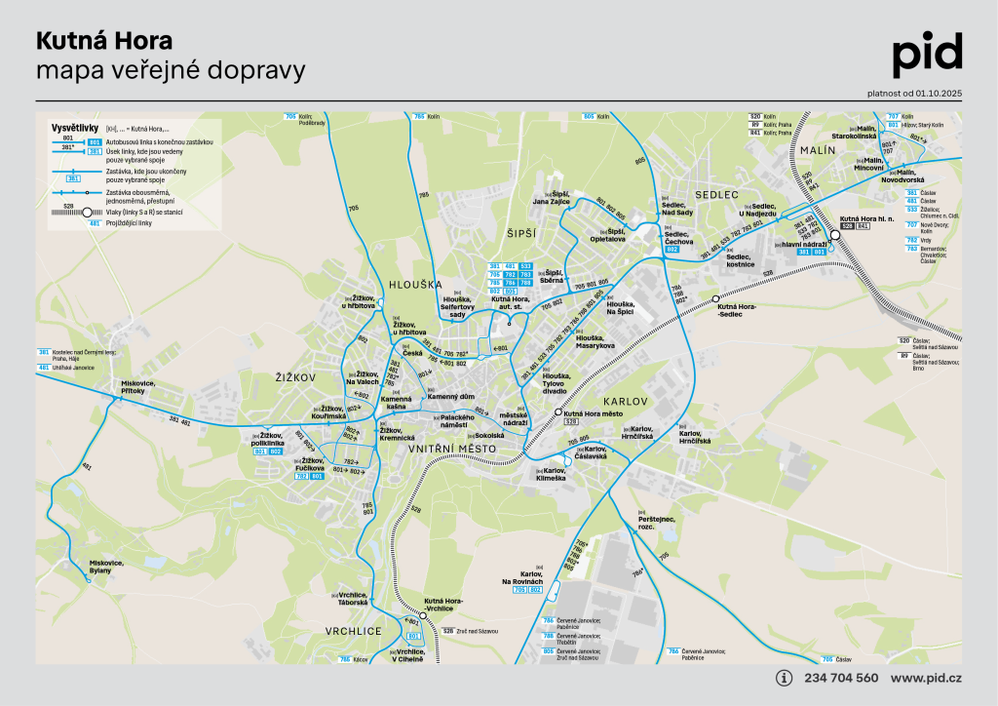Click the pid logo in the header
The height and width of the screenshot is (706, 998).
tap(927, 55)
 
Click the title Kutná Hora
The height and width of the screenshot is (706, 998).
tap(104, 41)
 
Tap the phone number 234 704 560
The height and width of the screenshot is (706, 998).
tap(841, 678)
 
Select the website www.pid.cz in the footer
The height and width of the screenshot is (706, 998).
tap(926, 678)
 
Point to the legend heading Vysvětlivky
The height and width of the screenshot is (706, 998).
tap(73, 128)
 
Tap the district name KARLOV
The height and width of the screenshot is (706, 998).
tap(625, 401)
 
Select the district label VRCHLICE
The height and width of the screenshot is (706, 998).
tap(354, 631)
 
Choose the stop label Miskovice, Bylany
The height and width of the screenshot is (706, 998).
tap(107, 567)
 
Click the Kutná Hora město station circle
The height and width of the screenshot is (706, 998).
tap(558, 412)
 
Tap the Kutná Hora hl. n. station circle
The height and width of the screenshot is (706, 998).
tap(834, 234)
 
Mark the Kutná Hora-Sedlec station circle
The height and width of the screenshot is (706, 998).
tap(716, 297)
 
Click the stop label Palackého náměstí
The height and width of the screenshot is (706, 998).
tap(455, 421)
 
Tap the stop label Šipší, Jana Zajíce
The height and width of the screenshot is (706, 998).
tap(552, 197)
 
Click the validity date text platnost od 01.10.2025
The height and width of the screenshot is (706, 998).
tap(914, 93)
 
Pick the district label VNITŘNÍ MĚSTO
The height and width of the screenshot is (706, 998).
tap(452, 448)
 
